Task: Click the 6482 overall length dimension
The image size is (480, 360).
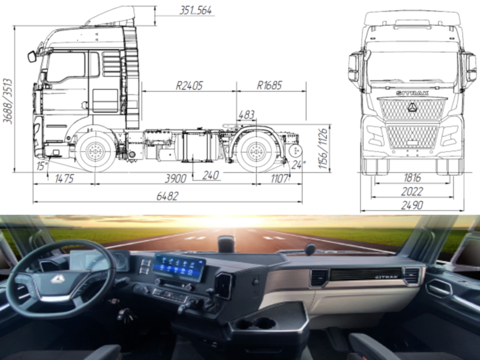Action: point(168,196)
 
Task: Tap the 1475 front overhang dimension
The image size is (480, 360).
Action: point(64,177)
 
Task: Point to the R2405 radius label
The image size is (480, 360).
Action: point(189,85)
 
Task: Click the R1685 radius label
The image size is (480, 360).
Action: point(269,85)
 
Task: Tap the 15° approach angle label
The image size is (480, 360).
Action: point(41,165)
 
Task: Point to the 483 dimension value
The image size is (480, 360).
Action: point(246,115)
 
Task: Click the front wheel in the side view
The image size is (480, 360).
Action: point(94,151)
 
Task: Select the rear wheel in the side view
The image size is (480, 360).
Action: point(256,151)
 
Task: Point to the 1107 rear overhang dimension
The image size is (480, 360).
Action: point(280,177)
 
